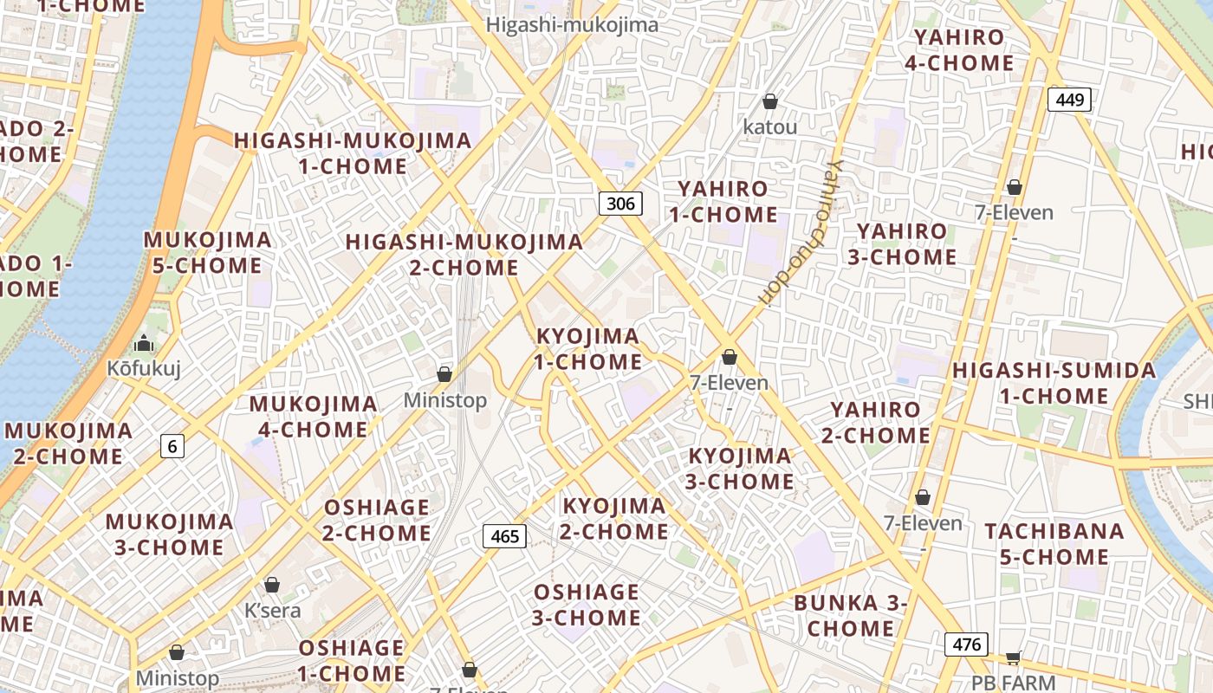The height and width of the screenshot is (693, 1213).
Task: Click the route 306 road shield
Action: [620, 204]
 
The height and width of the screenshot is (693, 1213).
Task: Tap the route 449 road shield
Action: [1069, 100]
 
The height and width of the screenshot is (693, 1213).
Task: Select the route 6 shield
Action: [172, 446]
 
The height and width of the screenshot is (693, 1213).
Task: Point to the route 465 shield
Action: [504, 536]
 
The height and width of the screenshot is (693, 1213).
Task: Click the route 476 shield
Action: [966, 644]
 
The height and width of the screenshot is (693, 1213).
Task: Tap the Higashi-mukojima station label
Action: [572, 25]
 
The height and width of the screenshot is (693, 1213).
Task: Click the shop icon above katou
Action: [769, 102]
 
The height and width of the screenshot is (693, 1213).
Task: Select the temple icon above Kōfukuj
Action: [144, 344]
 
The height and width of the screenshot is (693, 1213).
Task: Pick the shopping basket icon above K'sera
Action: [272, 585]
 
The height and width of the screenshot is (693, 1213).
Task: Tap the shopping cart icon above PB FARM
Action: [1013, 657]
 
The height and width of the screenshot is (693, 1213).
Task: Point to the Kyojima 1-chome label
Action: [587, 349]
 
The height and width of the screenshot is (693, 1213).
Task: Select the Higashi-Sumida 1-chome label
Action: [1054, 384]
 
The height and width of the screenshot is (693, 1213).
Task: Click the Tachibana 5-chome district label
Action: [1054, 544]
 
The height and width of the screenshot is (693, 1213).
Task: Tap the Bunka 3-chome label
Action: [851, 615]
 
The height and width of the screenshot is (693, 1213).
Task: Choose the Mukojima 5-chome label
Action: [207, 252]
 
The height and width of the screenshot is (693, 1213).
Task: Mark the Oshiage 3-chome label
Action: [587, 605]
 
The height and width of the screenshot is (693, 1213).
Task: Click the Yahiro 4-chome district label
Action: [959, 50]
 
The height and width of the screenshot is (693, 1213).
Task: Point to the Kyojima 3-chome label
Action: [740, 469]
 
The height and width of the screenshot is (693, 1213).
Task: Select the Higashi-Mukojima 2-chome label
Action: [464, 255]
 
